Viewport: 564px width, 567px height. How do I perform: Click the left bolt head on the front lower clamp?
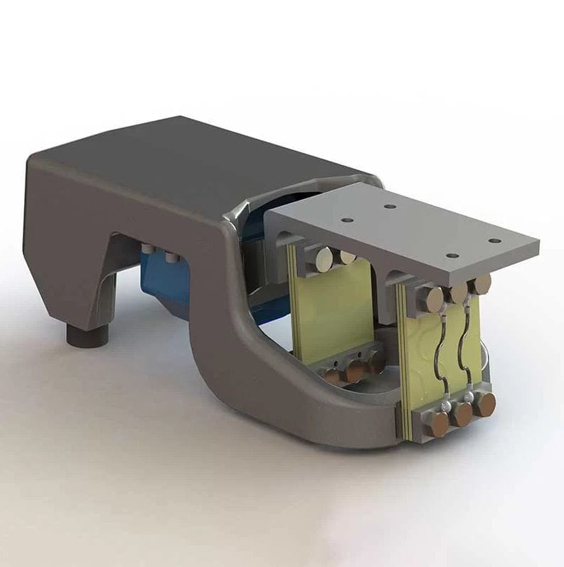[x=439, y=425]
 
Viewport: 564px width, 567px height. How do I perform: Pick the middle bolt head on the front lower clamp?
[x=463, y=414]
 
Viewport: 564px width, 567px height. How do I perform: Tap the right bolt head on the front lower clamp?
[x=486, y=404]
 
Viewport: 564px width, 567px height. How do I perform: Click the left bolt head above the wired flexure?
[x=431, y=299]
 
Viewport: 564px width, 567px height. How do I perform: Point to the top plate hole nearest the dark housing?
[x=346, y=220]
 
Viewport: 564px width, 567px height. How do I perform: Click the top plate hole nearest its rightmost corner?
[x=492, y=242]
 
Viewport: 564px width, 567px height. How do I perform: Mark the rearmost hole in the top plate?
[x=389, y=206]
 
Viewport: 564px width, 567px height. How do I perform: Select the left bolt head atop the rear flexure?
[x=323, y=260]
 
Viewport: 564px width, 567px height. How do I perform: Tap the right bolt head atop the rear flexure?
[x=347, y=257]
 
